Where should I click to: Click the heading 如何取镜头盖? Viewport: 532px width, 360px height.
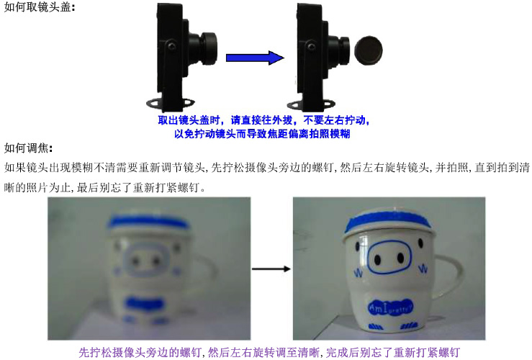click(37, 6)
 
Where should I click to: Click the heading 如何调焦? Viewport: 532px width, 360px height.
click(26, 148)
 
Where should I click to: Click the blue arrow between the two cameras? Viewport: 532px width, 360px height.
click(255, 58)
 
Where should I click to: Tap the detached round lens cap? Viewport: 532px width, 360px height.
click(369, 50)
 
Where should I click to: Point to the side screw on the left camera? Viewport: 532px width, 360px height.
click(172, 45)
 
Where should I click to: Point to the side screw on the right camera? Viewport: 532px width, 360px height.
click(312, 46)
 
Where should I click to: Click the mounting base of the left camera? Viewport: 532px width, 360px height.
click(170, 103)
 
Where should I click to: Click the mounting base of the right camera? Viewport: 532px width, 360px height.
click(311, 104)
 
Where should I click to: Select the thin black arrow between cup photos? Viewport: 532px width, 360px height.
click(271, 269)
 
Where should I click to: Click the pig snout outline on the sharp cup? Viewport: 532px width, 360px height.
click(389, 258)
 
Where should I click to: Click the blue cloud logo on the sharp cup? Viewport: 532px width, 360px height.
click(391, 307)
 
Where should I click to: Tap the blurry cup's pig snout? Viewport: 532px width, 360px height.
click(146, 260)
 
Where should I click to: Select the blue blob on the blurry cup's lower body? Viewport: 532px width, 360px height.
click(145, 303)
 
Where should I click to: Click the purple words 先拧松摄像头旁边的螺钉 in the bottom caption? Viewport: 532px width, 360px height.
click(140, 353)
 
